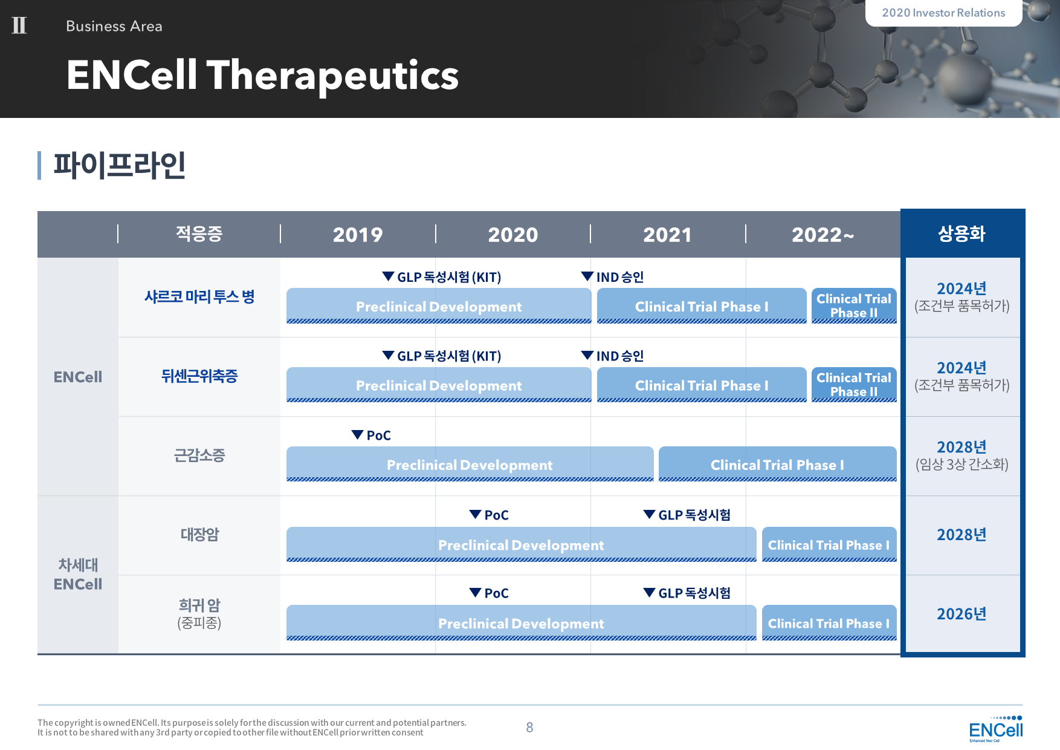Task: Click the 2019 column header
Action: (358, 235)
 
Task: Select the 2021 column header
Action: (667, 235)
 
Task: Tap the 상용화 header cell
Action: (961, 233)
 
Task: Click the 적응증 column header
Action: (199, 233)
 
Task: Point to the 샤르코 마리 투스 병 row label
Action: (199, 296)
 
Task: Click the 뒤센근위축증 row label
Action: (199, 376)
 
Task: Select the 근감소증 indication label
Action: (199, 455)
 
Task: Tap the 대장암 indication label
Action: (199, 534)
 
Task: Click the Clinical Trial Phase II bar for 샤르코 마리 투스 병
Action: (854, 305)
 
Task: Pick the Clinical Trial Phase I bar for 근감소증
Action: (777, 464)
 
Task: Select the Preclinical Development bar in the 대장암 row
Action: (521, 544)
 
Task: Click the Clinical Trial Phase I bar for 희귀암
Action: (829, 623)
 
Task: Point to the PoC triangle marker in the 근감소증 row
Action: (357, 435)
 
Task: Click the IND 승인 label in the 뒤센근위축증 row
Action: (620, 356)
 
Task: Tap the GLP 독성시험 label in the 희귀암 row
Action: (694, 593)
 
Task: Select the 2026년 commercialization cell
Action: (961, 614)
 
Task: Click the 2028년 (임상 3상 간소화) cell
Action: (961, 455)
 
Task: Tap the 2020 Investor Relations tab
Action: (943, 13)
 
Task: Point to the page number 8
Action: (529, 728)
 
